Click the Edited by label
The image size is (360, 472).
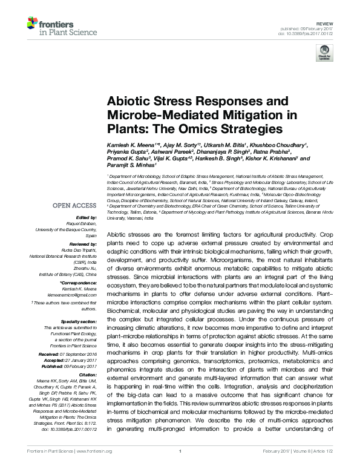pyautogui.click(x=85, y=217)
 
